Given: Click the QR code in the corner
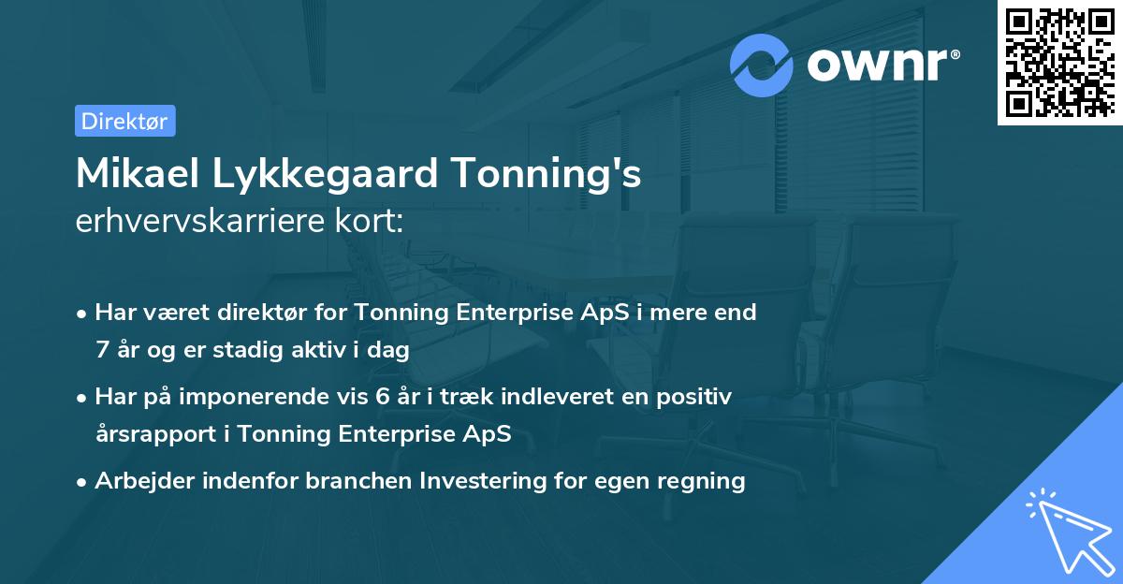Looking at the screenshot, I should [x=1060, y=63].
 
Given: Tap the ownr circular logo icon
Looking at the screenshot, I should [x=762, y=65].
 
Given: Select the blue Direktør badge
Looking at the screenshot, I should [x=124, y=121].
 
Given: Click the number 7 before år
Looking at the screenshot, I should [x=101, y=350].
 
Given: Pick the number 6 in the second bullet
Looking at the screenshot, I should [x=382, y=397].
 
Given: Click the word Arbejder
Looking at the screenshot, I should [x=139, y=481].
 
